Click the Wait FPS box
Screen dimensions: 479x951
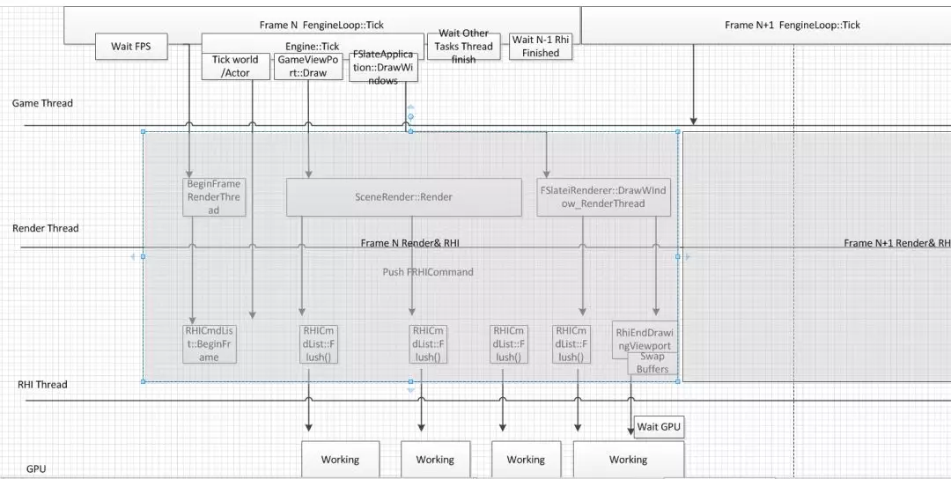(130, 46)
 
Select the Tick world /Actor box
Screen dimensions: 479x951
(235, 66)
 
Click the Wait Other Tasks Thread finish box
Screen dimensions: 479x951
(463, 47)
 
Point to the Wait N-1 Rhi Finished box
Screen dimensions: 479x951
(541, 47)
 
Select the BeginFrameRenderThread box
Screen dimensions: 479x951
(214, 197)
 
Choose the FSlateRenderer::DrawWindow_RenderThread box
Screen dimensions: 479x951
(604, 197)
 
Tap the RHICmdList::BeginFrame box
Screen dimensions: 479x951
(210, 343)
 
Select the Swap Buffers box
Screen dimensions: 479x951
(653, 364)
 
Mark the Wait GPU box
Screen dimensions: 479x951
(660, 427)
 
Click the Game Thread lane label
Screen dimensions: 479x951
(42, 104)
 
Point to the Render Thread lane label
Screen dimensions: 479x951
(46, 229)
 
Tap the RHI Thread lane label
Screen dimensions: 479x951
(42, 385)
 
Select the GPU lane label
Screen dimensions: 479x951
(36, 469)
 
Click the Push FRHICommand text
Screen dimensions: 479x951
(428, 272)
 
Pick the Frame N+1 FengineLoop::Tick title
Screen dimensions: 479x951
(792, 25)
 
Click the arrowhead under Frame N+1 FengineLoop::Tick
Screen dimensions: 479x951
(694, 121)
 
